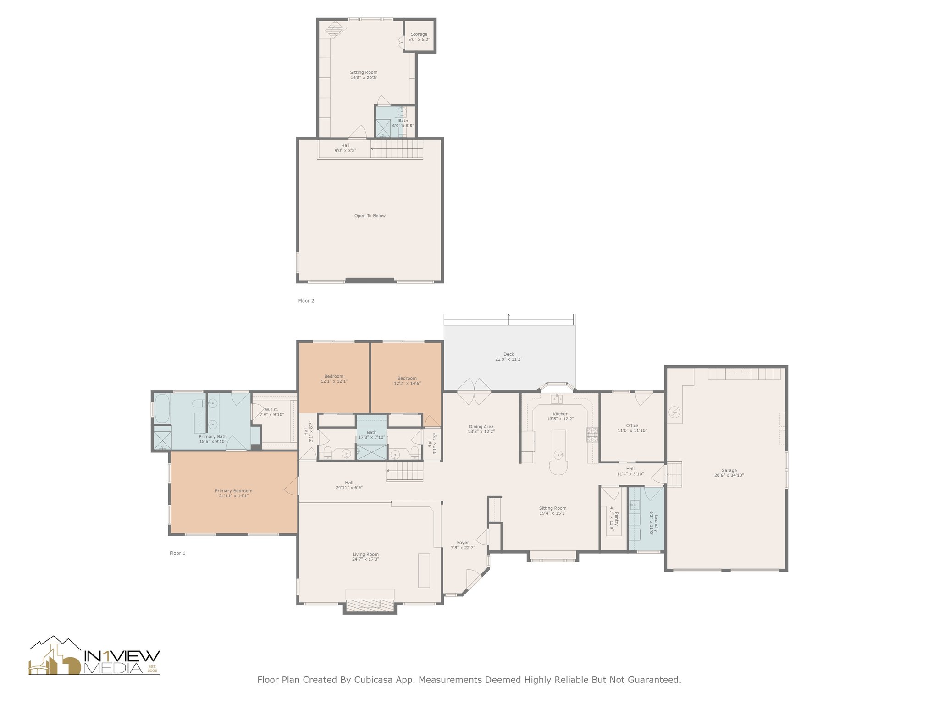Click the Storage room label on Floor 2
419,34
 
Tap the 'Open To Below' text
370,216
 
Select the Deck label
508,354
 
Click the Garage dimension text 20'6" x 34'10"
729,475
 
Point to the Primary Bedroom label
234,491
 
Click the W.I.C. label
271,410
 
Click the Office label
632,426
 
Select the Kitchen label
560,414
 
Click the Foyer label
463,543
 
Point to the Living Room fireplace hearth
370,605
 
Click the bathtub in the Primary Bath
162,409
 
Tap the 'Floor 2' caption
306,301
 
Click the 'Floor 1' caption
177,553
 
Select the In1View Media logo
94,656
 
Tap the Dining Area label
481,427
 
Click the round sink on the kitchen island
558,455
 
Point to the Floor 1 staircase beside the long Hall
404,472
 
